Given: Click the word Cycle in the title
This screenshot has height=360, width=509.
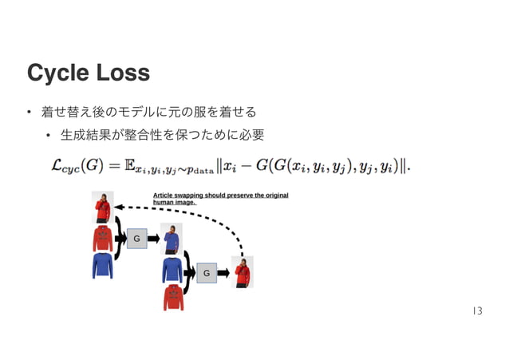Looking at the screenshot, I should point(58,73).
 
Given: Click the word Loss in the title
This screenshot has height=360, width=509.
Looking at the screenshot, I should point(121,73).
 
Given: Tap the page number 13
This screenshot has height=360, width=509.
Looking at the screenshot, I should point(476,311).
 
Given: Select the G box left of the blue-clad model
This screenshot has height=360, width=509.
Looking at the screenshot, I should point(136,238).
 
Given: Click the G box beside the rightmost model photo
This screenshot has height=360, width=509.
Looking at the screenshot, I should point(206,274).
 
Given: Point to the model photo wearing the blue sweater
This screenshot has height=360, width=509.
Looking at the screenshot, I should point(171,238).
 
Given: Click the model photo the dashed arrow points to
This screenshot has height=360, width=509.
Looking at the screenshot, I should point(102,207).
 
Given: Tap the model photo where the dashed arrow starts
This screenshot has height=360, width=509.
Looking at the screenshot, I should point(242,271).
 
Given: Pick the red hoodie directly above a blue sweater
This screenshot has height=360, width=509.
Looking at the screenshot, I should point(103,238).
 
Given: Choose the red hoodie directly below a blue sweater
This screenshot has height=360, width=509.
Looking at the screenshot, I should point(173,298).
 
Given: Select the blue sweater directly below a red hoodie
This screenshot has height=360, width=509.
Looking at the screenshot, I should point(102,265).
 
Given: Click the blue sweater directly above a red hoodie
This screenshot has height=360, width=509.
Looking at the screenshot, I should point(172,270).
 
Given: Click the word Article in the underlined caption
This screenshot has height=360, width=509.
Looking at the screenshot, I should point(164,195).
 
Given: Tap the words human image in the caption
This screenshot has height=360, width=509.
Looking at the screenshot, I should point(174,202).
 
